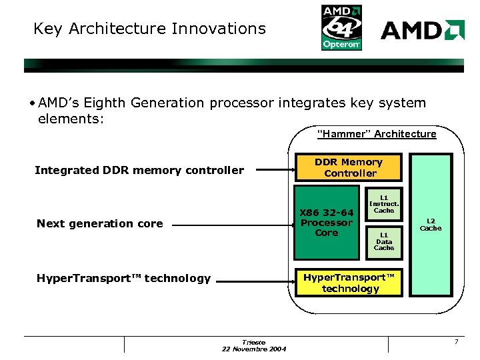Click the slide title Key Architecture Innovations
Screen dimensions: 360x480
coord(149,29)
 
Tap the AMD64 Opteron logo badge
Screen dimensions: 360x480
coord(342,27)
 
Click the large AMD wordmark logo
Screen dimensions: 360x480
coord(422,30)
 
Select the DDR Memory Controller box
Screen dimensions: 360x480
coord(349,167)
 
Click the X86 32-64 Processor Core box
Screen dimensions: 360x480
coord(327,223)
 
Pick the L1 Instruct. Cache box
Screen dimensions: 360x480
coord(384,204)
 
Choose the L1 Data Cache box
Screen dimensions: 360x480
coord(384,241)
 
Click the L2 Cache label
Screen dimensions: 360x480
coord(431,225)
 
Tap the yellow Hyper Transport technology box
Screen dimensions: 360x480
coord(349,283)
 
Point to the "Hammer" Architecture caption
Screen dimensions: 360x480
coord(377,134)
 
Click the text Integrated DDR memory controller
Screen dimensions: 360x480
coord(139,170)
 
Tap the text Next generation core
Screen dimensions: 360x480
coord(100,223)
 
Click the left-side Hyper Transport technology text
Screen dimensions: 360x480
coord(123,279)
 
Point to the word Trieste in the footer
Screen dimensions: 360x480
coord(254,342)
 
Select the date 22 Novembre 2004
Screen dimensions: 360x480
coord(254,349)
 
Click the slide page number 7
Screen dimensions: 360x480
coord(456,342)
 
